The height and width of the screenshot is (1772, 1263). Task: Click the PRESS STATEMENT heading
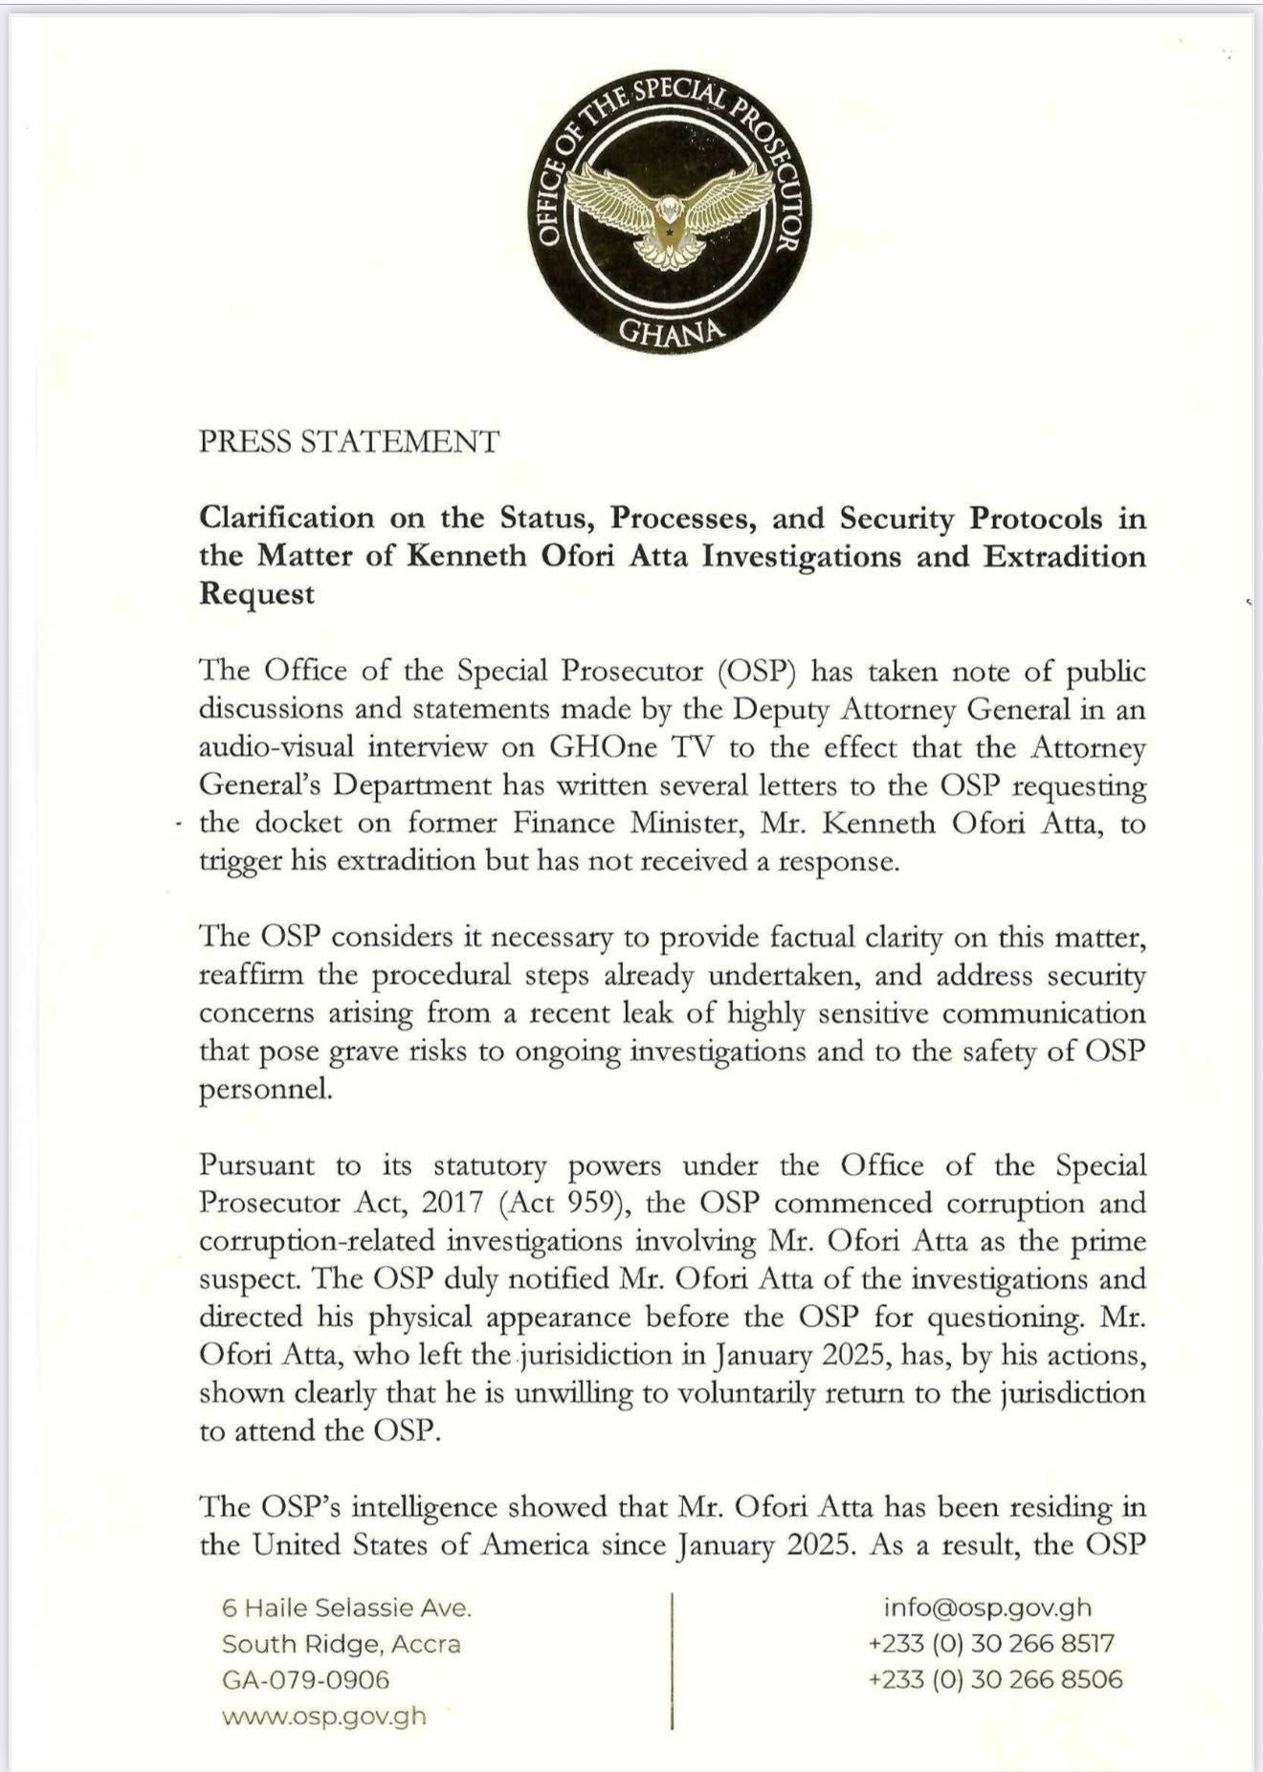[x=349, y=442]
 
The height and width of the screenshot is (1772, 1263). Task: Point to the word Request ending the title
[x=256, y=594]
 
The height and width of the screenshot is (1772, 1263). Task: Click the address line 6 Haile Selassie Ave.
[x=346, y=1608]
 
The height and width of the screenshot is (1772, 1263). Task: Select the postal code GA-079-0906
[x=306, y=1679]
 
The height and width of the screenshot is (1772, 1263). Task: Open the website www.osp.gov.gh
[x=323, y=1716]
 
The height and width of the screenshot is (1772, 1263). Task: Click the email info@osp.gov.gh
[x=987, y=1608]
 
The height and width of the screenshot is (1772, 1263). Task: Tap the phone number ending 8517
[x=991, y=1644]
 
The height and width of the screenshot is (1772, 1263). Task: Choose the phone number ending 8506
[x=995, y=1679]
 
